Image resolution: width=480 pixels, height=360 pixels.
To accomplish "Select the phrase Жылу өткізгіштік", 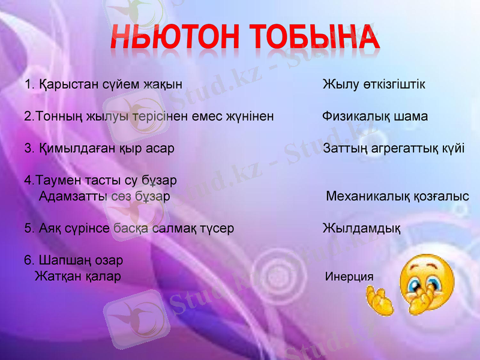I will tap(374, 85).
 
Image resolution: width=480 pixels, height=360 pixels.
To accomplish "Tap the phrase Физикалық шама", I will tap(375, 116).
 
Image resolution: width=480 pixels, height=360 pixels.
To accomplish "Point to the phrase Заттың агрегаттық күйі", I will tap(394, 148).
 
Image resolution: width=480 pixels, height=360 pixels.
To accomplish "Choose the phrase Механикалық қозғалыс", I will tap(397, 197).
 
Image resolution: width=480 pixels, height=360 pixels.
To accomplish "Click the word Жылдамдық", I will tap(362, 229).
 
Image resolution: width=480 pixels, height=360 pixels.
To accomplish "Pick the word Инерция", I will tap(349, 277).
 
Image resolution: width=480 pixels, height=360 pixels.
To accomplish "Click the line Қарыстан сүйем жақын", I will tap(110, 85).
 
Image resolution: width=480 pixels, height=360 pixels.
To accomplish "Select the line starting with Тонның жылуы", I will tap(149, 116).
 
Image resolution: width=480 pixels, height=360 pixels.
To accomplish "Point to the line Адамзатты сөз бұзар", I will tap(104, 196).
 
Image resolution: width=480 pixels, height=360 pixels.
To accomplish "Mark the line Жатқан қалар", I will tap(78, 277).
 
